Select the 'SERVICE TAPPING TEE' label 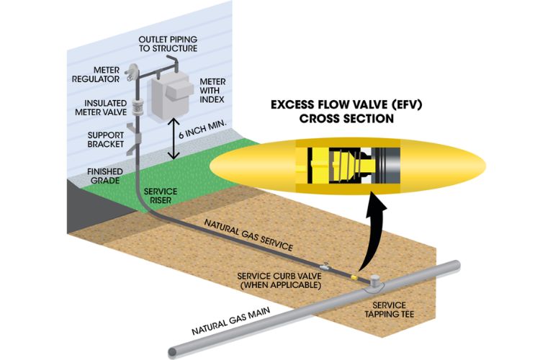[374, 309]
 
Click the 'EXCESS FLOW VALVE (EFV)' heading [342, 105]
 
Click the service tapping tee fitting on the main [377, 284]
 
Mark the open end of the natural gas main [173, 352]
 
